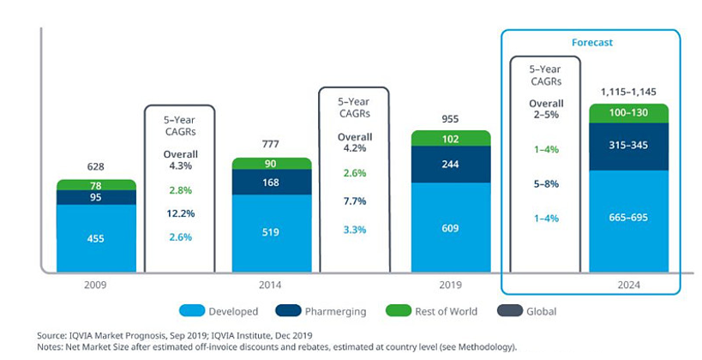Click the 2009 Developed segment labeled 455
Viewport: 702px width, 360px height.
[x=96, y=238]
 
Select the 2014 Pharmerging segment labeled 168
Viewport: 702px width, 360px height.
[x=272, y=182]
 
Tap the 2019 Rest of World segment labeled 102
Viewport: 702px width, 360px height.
[x=451, y=138]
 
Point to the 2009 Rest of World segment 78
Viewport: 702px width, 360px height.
[x=96, y=185]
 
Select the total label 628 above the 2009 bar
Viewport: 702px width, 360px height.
[x=96, y=167]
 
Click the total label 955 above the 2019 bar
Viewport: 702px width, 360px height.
[x=451, y=118]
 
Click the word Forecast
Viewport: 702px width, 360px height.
[x=591, y=41]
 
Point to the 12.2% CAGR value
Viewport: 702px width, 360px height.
[x=179, y=213]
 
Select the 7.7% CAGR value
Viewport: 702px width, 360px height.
[x=354, y=201]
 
